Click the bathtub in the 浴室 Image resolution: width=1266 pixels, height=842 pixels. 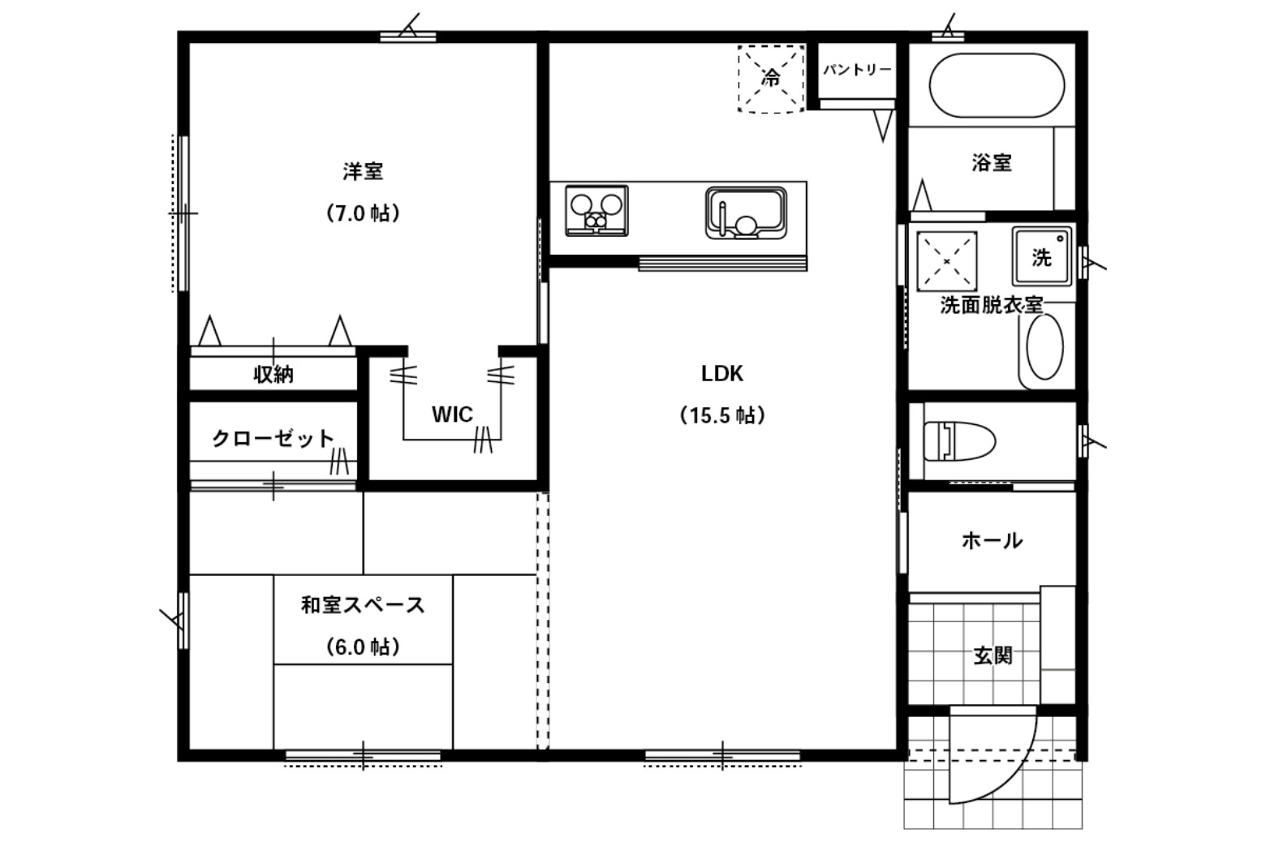[997, 85]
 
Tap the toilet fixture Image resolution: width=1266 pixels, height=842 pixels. [959, 440]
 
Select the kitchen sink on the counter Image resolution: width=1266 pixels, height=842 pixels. [746, 213]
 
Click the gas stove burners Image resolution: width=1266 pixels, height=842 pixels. [596, 210]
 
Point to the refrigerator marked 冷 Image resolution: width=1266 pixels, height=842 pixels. [771, 79]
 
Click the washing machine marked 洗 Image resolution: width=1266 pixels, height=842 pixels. [1042, 256]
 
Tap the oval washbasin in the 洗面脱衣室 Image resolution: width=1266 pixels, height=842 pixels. [1044, 346]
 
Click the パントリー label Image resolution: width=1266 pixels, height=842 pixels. [857, 70]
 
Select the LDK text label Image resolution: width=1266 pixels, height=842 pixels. [721, 373]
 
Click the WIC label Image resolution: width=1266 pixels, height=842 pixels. [452, 415]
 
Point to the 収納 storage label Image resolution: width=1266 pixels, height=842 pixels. [273, 374]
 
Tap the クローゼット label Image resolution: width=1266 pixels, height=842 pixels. [273, 439]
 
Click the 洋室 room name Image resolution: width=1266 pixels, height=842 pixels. [363, 171]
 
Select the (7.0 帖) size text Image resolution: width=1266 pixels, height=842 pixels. [363, 213]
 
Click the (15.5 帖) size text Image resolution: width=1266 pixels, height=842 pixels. [722, 415]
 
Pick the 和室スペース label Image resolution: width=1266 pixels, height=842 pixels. [363, 605]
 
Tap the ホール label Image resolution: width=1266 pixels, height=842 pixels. [992, 541]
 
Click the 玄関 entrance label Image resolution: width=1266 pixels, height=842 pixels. [993, 655]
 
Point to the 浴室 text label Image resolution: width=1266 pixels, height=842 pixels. [992, 163]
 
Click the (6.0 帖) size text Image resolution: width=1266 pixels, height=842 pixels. [363, 647]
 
